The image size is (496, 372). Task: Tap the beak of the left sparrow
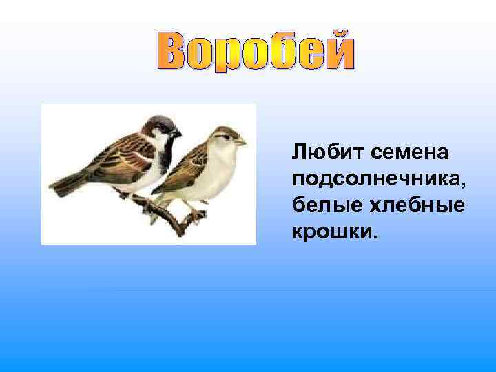click(177, 132)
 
